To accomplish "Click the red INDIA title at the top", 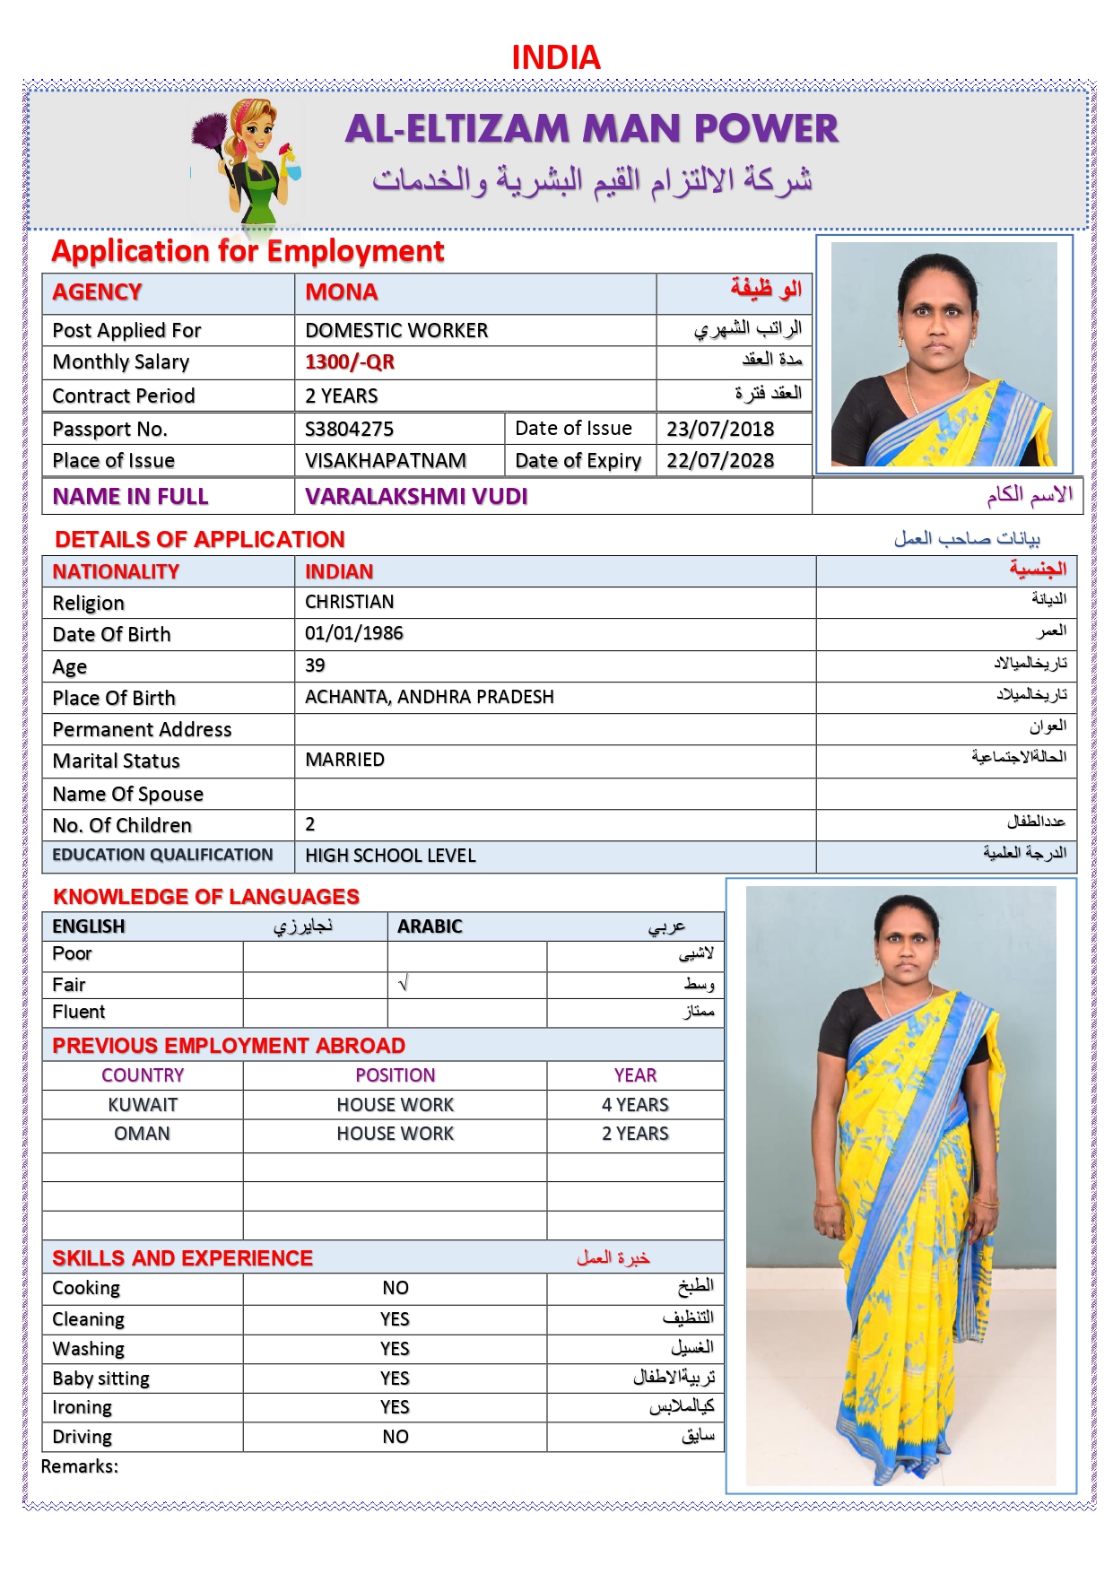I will coord(556,57).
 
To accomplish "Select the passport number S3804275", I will coord(349,429).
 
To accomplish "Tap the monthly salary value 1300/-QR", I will coord(350,362).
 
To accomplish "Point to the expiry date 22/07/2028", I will coord(720,461).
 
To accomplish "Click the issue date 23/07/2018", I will coord(720,429).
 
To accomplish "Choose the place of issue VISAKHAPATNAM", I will coord(386,461).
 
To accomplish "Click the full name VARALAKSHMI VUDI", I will coord(416,497).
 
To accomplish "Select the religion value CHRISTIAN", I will coord(350,602).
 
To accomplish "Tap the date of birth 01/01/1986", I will coord(354,633).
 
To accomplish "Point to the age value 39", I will coord(315,665).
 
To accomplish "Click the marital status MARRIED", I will coord(345,760).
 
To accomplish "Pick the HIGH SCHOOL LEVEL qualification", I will coord(390,856).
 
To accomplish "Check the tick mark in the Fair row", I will coord(404,984).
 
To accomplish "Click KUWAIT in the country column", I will coord(143,1105).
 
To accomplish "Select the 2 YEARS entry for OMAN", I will coord(635,1134).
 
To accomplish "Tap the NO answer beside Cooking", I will coord(396,1288).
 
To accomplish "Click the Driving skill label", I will coord(83,1437).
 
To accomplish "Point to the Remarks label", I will coord(80,1466).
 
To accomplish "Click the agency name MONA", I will coord(342,292).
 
